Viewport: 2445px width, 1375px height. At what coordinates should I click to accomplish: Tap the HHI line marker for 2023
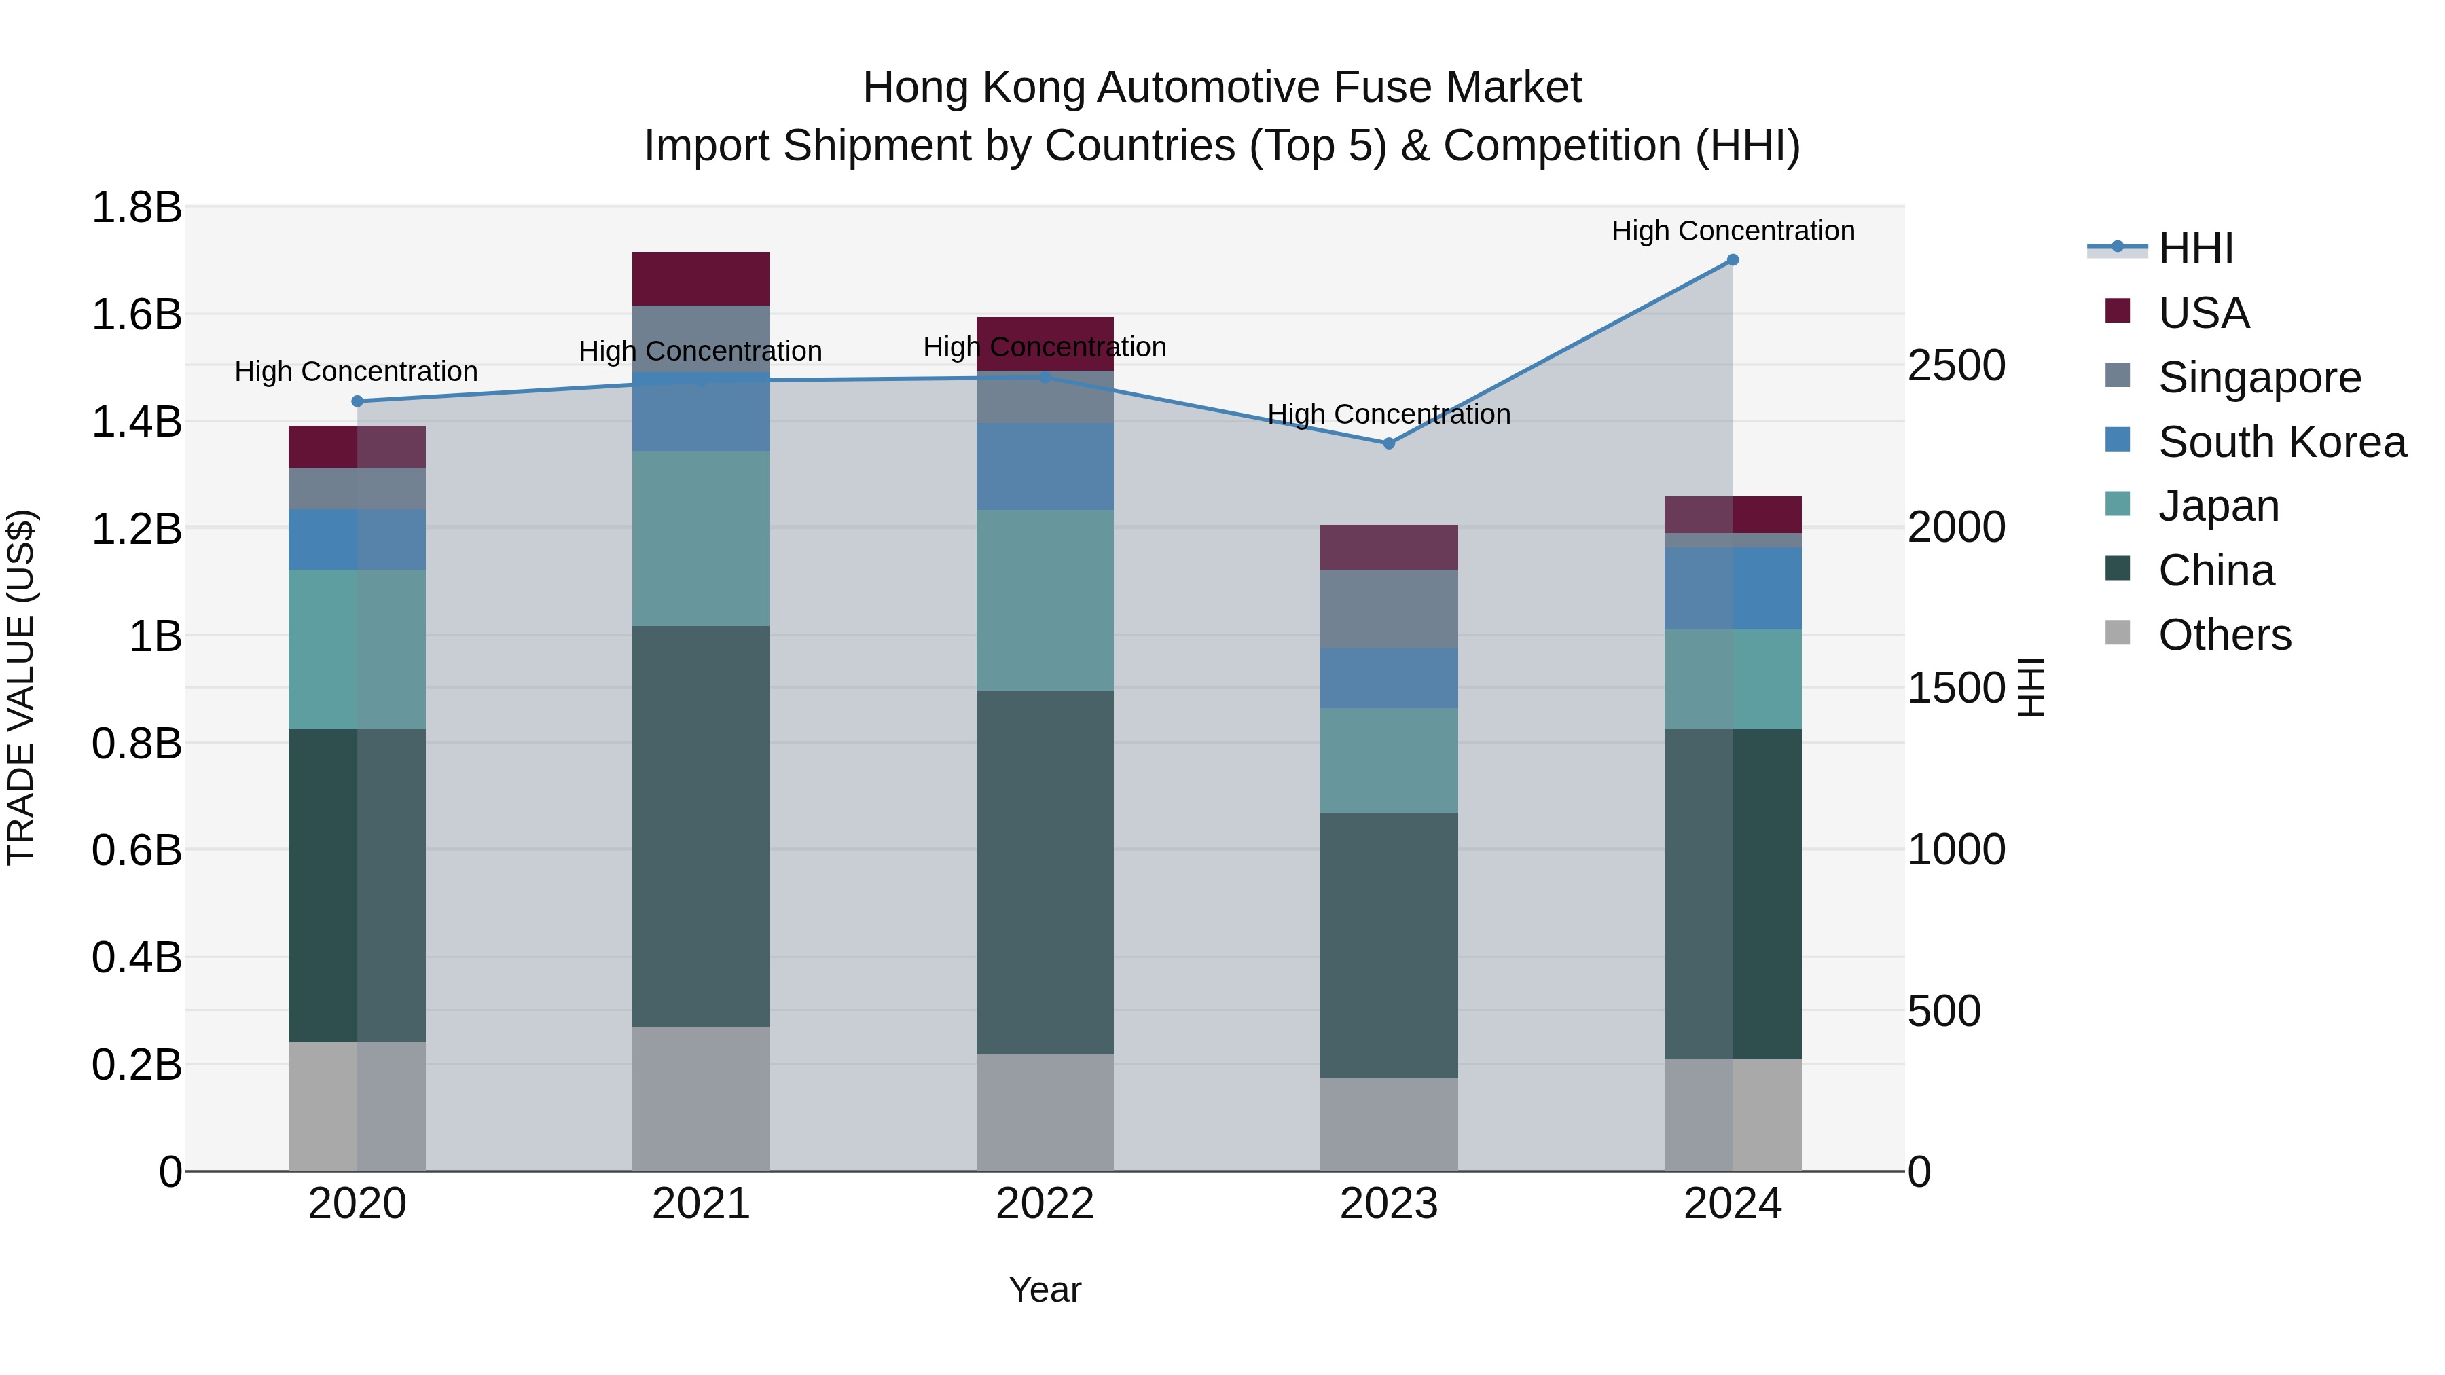[1389, 443]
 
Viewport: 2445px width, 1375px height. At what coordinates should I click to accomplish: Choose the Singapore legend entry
[2259, 378]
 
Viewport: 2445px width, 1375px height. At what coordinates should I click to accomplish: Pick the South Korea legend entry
[2282, 442]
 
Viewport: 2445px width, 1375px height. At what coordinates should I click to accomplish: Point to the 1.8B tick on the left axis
[136, 208]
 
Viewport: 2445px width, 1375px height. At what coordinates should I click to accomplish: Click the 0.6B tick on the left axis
[136, 850]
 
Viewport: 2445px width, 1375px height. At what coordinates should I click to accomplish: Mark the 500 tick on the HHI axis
[1944, 1012]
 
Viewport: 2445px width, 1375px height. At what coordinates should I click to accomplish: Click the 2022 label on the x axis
[1045, 1204]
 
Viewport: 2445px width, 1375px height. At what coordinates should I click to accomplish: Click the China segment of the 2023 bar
[1389, 945]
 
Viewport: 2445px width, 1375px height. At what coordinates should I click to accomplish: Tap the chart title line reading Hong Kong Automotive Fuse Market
[1222, 88]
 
